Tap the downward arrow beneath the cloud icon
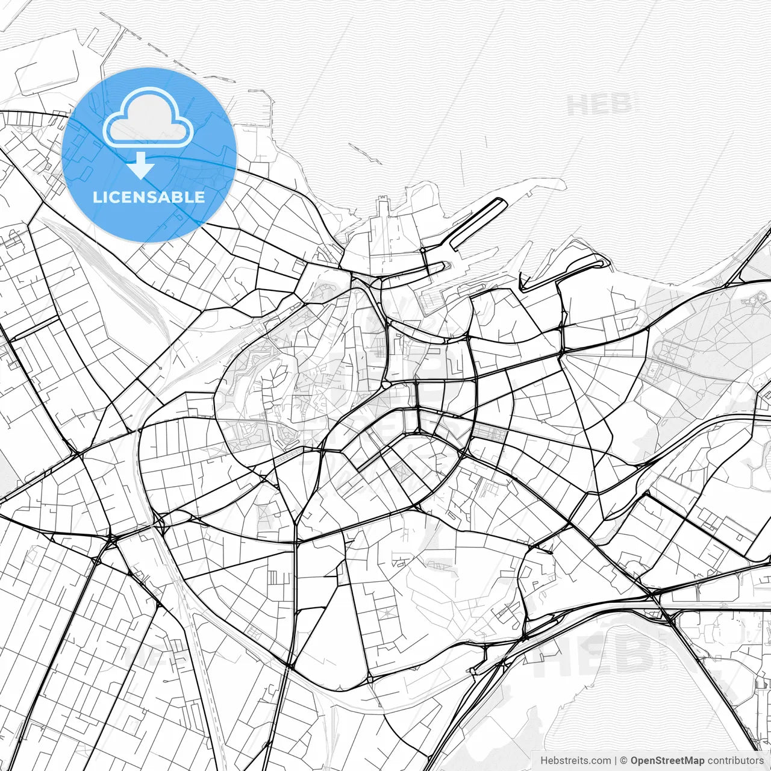[x=140, y=166]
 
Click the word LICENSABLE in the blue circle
[x=148, y=197]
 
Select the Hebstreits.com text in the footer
[x=575, y=761]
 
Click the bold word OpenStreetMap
[x=667, y=761]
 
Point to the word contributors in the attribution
[x=735, y=761]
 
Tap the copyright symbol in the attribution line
[x=623, y=761]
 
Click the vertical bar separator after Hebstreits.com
[x=615, y=761]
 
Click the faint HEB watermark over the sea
[x=599, y=105]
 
